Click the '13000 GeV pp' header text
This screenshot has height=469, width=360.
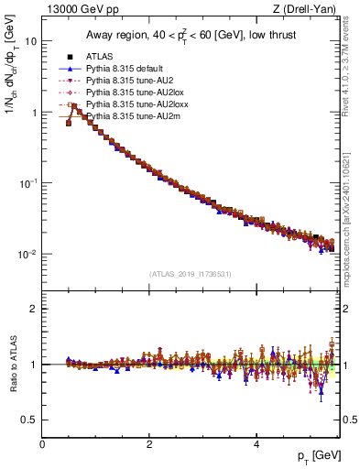coord(76,10)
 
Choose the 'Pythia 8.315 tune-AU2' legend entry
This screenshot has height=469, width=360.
coord(130,81)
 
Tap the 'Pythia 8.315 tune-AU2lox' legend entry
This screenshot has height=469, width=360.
coord(135,93)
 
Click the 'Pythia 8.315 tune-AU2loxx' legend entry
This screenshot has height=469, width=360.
coord(136,104)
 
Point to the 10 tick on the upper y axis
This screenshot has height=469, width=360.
coord(31,41)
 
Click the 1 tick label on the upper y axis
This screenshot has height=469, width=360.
coord(34,113)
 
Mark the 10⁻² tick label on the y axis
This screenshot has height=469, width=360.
coord(27,254)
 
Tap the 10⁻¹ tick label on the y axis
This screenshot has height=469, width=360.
coord(27,183)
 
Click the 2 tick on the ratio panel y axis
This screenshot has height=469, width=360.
coord(34,309)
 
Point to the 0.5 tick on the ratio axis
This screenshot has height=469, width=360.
coord(29,420)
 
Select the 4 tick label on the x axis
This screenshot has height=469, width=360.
coord(256,444)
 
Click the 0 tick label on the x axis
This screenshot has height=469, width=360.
coord(42,444)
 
